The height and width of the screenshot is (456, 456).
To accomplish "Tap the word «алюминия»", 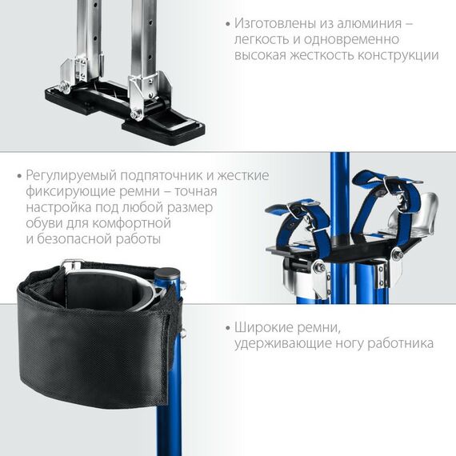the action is click(370, 24).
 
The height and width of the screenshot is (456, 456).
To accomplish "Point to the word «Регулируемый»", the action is click(70, 176).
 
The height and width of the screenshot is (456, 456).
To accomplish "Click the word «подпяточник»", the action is click(162, 176).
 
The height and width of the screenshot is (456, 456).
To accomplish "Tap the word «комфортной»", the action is click(131, 224).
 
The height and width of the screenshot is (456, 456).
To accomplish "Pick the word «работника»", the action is click(401, 343).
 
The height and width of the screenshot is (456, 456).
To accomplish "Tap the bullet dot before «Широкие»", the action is click(228, 328).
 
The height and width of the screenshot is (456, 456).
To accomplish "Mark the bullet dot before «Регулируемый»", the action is click(19, 176).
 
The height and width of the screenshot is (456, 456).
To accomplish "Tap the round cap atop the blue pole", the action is click(166, 273).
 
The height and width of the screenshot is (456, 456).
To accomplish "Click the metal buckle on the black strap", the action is click(73, 265).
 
